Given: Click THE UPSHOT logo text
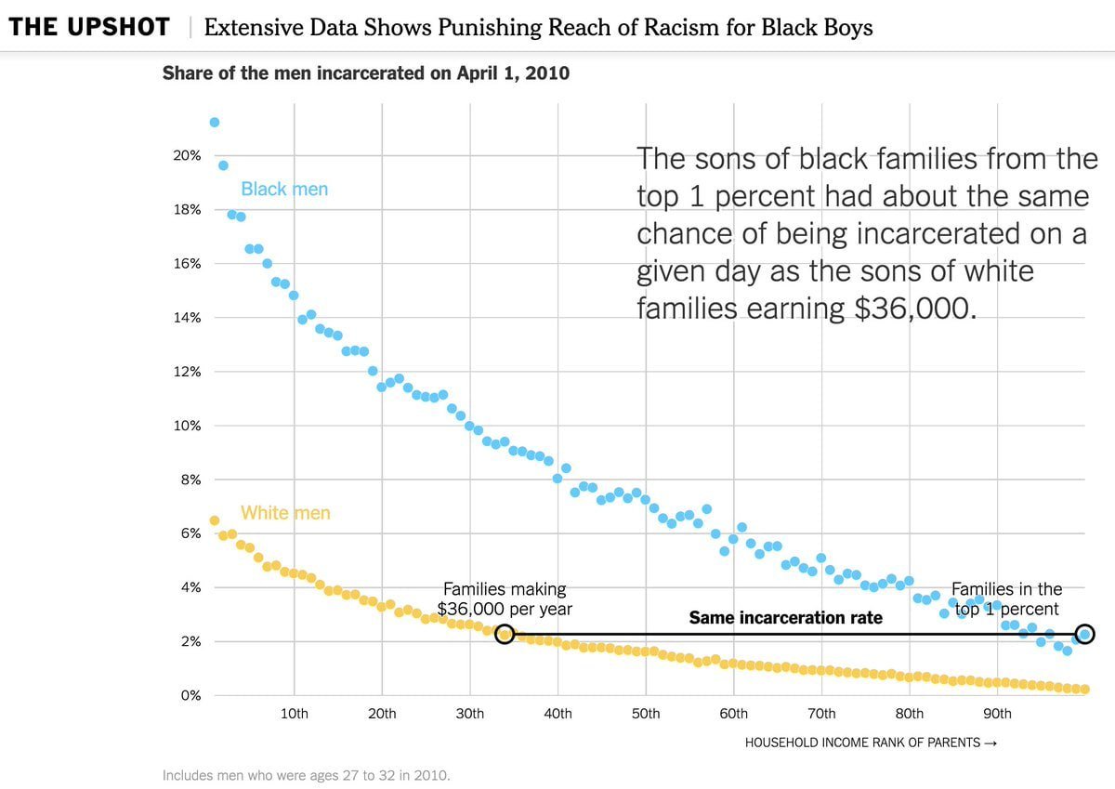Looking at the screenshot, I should pyautogui.click(x=89, y=27).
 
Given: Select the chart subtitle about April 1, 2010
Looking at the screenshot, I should pyautogui.click(x=365, y=72).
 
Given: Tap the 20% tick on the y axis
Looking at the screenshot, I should pyautogui.click(x=187, y=155).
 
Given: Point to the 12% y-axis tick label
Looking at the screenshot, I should pyautogui.click(x=187, y=372).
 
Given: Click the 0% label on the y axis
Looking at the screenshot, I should pyautogui.click(x=190, y=695).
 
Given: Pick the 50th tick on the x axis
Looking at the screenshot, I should pyautogui.click(x=646, y=714).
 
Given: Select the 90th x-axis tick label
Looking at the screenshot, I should pyautogui.click(x=997, y=714).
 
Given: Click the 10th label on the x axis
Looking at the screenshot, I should pyautogui.click(x=295, y=714).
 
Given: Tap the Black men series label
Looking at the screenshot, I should pyautogui.click(x=284, y=190).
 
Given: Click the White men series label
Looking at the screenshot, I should pyautogui.click(x=285, y=513).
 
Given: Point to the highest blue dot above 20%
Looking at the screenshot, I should pyautogui.click(x=215, y=122).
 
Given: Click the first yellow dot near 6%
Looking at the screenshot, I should pyautogui.click(x=215, y=520).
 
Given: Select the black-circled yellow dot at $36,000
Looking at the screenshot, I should pyautogui.click(x=505, y=635).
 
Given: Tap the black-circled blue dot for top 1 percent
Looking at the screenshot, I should pyautogui.click(x=1084, y=635).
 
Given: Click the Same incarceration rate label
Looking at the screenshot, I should pyautogui.click(x=785, y=618).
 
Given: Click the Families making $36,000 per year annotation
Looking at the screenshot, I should pyautogui.click(x=505, y=599).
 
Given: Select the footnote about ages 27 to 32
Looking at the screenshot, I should pyautogui.click(x=306, y=775).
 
